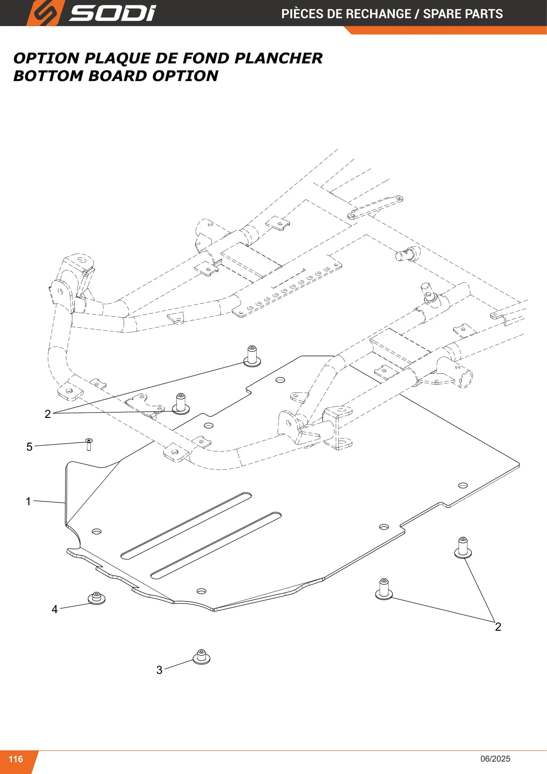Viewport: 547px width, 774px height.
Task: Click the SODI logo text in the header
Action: pos(112,14)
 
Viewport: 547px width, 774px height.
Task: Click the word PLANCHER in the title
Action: pos(278,58)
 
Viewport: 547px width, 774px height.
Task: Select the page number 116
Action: pos(16,759)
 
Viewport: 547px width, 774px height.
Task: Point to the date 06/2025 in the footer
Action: pos(495,759)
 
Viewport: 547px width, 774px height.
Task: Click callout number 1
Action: pos(28,501)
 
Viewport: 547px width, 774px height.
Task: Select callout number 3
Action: pos(159,670)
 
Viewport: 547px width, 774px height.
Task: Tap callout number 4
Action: pos(55,609)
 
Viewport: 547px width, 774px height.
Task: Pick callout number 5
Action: pos(29,447)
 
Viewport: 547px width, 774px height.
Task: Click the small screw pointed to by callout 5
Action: pos(89,444)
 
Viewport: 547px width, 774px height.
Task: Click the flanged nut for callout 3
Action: pos(201,656)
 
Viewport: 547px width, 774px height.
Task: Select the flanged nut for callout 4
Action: pos(97,598)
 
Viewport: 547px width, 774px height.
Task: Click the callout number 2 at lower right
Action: pos(498,627)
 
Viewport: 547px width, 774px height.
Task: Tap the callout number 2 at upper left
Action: pos(48,414)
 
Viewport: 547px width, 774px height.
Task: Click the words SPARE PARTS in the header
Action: pos(463,14)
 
